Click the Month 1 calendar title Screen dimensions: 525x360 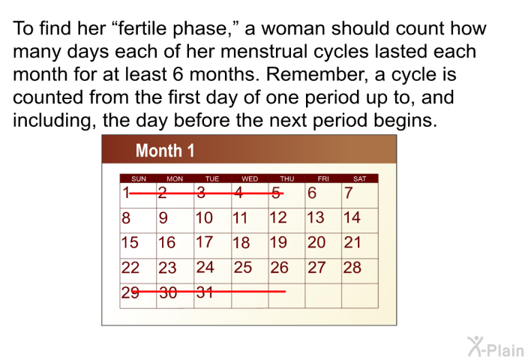coord(165,150)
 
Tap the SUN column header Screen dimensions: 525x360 coord(139,178)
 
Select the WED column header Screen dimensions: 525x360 coord(250,178)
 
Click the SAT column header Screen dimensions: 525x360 coord(359,178)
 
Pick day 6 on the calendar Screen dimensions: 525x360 coord(312,193)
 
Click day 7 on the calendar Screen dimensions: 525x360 coord(348,193)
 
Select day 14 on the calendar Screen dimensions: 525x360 coord(352,217)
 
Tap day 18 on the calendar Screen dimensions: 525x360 coord(241,242)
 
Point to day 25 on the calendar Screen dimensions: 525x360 coord(243,268)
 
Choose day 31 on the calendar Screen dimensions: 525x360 coord(205,292)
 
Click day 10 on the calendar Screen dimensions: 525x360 coord(204,217)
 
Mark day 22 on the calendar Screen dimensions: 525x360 coord(130,268)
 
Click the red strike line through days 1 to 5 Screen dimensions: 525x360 coord(206,193)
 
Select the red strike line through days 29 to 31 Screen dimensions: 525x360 coord(208,292)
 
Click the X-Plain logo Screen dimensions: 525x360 coord(496,346)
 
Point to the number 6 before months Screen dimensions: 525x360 coord(178,74)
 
